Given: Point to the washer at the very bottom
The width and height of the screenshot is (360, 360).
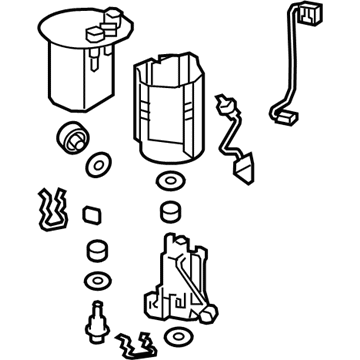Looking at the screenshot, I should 179,338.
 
